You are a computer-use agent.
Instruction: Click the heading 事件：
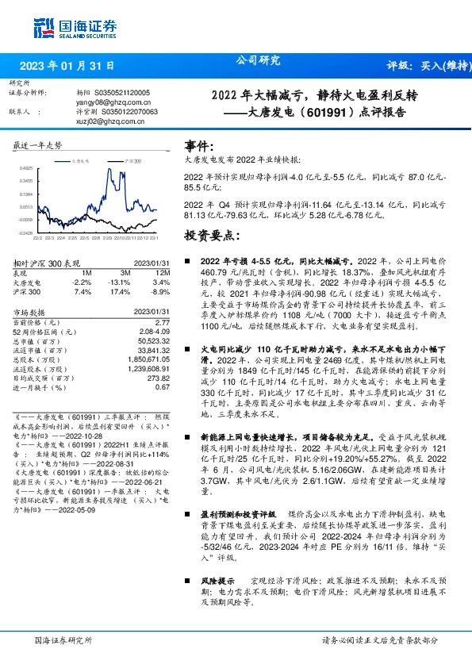[x=199, y=147]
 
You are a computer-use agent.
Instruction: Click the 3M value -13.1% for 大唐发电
[x=121, y=282]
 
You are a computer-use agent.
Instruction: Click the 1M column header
[x=87, y=273]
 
